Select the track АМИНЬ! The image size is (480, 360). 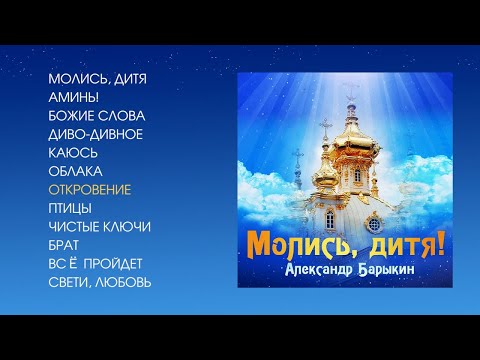pos(72,97)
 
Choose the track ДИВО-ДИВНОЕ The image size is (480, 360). pos(95,134)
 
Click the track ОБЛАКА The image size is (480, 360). pos(75,171)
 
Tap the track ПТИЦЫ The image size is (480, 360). pos(70,208)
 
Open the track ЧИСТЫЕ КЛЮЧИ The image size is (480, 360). pos(99,226)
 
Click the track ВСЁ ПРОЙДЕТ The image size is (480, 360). pos(95,263)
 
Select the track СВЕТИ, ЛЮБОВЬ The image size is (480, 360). pos(99,282)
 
